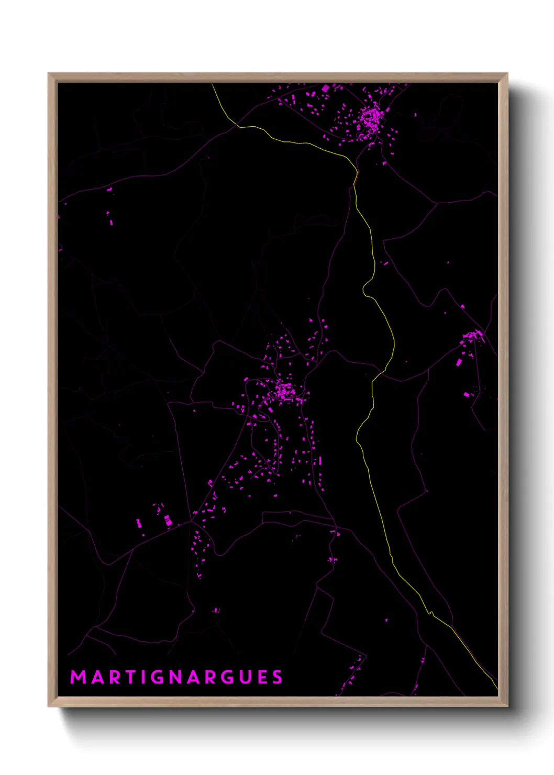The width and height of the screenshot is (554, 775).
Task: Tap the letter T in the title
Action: pos(128,677)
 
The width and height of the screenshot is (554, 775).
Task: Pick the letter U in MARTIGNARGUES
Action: pos(244,677)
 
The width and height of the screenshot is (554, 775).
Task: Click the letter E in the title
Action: pos(261,677)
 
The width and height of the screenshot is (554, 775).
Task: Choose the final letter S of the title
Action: pos(277,677)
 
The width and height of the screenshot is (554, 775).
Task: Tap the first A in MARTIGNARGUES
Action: pos(95,677)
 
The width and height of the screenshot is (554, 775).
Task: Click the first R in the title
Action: pos(112,677)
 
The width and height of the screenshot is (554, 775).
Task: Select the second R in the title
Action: pos(209,677)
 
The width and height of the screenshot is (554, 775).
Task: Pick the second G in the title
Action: pos(226,677)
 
